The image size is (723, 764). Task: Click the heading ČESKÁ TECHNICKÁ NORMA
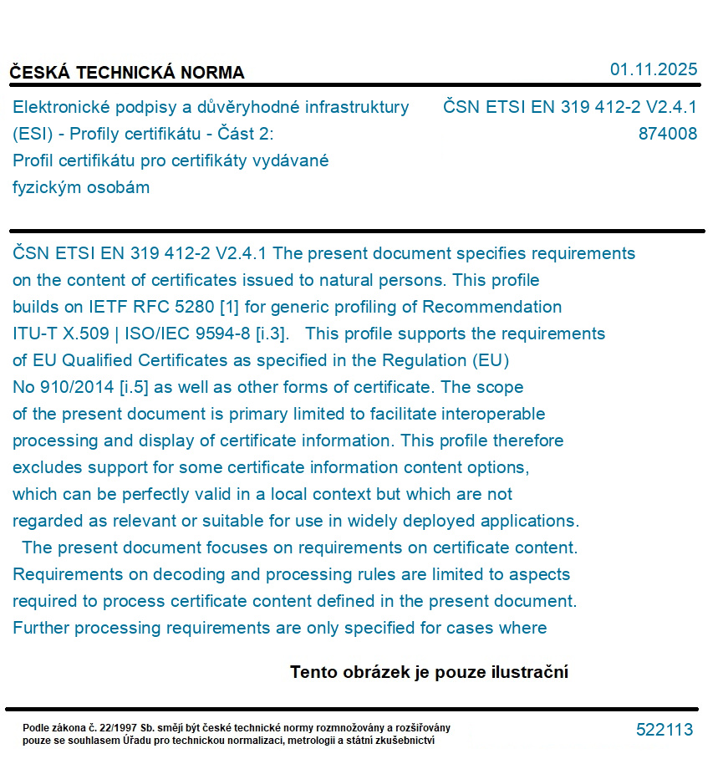point(127,73)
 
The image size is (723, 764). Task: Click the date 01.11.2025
point(653,69)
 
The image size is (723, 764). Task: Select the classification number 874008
point(667,134)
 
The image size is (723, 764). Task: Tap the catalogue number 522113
point(664,730)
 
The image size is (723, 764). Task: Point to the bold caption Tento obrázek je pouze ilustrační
point(429,672)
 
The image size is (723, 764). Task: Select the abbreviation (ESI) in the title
point(33,134)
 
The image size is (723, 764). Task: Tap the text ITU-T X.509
point(60,334)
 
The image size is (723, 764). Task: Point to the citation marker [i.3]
point(271,334)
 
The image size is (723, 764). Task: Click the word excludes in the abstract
point(48,467)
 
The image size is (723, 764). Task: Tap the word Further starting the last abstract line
point(41,628)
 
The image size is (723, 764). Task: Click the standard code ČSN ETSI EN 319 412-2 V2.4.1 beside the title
point(569,107)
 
